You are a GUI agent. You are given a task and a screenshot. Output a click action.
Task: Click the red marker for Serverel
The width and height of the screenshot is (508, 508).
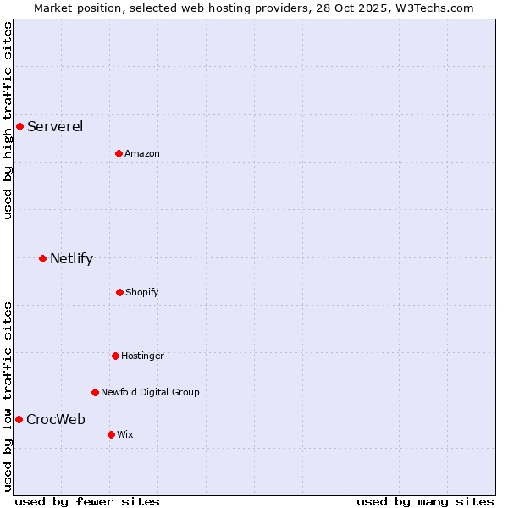click(19, 127)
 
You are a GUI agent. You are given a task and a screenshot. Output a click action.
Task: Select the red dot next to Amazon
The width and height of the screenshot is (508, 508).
click(119, 153)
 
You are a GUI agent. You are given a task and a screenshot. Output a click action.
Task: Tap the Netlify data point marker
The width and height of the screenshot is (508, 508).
click(42, 258)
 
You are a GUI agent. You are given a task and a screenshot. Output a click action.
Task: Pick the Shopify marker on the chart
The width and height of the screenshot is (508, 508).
click(119, 292)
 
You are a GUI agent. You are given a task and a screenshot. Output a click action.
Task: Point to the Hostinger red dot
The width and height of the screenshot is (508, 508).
click(115, 356)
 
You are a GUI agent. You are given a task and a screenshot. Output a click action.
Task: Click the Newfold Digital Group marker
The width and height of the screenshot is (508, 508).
click(95, 392)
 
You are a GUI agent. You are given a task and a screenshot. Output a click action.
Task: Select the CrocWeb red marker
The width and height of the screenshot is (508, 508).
click(19, 419)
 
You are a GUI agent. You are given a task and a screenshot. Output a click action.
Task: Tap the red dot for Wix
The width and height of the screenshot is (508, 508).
click(111, 434)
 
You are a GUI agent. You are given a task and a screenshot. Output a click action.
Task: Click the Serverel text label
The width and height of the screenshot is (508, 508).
click(55, 127)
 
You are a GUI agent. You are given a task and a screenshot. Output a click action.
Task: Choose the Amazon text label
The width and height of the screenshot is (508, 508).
click(142, 153)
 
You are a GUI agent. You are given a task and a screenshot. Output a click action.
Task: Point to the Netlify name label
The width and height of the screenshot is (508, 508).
click(71, 258)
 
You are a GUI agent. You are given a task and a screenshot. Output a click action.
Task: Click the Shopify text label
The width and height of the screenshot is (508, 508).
click(142, 292)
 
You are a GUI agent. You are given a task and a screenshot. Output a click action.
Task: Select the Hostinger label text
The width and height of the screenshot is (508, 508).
click(142, 356)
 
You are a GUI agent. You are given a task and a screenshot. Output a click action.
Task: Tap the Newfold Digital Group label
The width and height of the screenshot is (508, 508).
click(150, 392)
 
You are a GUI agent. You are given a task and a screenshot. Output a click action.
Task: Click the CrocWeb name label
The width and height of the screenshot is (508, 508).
click(56, 419)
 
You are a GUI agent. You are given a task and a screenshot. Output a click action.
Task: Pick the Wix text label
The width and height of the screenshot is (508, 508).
click(125, 434)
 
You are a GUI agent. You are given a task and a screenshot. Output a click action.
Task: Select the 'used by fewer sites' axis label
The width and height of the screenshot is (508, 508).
click(87, 501)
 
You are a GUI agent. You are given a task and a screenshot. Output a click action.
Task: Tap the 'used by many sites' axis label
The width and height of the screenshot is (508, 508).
click(425, 501)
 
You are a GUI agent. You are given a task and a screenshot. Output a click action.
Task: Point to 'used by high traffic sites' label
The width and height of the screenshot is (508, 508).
click(8, 120)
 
